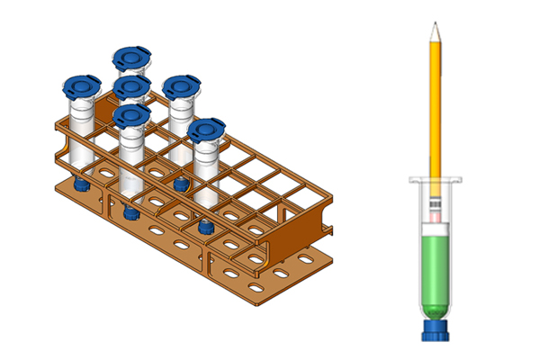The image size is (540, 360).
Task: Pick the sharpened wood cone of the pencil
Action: click(x=435, y=34)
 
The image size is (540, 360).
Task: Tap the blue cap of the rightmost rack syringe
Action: click(x=206, y=130)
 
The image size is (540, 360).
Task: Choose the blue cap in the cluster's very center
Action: click(x=131, y=87)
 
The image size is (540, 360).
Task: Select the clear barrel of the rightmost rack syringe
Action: click(x=206, y=171)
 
